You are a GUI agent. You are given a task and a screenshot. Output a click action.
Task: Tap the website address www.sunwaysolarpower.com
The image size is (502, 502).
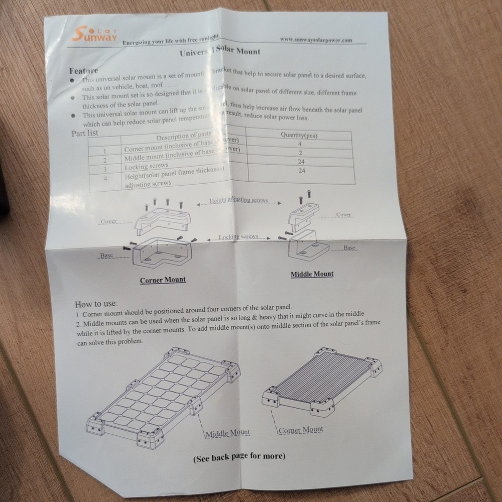[x=315, y=40]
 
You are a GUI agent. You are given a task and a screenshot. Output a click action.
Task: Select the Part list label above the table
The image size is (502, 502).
[x=85, y=134]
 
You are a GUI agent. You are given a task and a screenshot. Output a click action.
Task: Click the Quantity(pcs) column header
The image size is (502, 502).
[x=299, y=135]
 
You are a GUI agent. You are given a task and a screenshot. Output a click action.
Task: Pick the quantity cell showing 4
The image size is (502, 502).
[x=300, y=144]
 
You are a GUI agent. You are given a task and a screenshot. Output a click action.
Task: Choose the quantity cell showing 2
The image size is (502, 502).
[x=300, y=153]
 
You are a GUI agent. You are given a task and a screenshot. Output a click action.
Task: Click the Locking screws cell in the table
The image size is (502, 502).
[x=146, y=166]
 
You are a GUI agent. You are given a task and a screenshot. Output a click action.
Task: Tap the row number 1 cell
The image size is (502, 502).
[x=104, y=151]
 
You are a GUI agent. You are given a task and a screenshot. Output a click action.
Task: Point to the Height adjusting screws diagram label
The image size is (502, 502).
[x=238, y=200]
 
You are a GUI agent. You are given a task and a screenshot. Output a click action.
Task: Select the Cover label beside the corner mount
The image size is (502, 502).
[x=108, y=221]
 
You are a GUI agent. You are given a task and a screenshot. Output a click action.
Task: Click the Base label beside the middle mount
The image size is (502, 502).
[x=349, y=248]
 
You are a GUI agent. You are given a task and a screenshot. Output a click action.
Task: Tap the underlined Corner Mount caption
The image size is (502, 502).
[x=163, y=280]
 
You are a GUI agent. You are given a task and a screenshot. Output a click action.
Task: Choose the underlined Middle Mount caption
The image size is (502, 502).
[x=312, y=274]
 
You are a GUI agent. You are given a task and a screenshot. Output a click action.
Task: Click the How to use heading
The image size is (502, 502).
[x=96, y=304]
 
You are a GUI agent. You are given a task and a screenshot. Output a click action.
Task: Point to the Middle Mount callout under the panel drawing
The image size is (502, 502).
[x=227, y=433]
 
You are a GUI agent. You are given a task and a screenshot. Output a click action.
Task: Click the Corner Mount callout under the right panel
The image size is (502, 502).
[x=301, y=430]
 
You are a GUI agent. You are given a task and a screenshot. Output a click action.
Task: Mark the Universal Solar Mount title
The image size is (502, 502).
[x=219, y=52]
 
